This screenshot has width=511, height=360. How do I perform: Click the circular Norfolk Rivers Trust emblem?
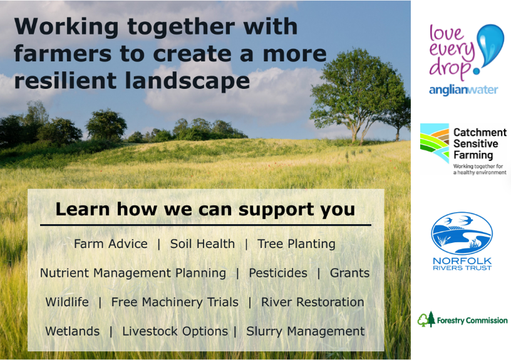coord(462,233)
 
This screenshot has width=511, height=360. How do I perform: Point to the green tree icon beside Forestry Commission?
coord(426,319)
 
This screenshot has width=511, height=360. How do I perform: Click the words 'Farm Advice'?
coord(111,244)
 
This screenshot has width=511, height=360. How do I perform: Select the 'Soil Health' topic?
coord(202,244)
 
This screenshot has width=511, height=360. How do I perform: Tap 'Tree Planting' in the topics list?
coord(296,244)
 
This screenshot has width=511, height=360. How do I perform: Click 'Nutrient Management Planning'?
coord(133,273)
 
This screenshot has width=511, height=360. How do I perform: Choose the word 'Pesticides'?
coord(278,273)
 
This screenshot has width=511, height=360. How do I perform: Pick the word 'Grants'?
coord(349,273)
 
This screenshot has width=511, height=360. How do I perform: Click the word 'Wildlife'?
coord(67,302)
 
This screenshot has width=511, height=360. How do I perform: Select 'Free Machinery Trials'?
coord(175,302)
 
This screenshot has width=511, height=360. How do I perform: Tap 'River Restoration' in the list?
coord(312,302)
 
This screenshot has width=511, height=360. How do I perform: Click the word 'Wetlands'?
coord(72,331)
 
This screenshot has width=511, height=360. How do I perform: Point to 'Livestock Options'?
coord(175,331)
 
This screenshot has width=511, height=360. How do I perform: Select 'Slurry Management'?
coord(305,331)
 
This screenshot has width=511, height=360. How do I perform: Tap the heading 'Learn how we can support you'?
coord(205,208)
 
